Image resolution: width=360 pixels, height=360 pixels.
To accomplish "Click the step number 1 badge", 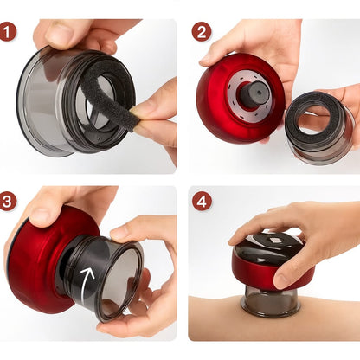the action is coord(8,32).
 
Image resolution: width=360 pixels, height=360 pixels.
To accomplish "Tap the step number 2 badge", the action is coord(202,32).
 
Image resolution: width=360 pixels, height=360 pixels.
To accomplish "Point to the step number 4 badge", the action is coord(202,202).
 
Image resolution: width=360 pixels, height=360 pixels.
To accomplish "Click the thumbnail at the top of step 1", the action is coord(60,32).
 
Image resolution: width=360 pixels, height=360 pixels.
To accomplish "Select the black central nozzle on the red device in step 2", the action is coord(254,93).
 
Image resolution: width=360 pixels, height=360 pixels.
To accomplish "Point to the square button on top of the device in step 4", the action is coord(273,240).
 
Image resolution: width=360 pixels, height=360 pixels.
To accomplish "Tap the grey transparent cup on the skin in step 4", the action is coord(271,301).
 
